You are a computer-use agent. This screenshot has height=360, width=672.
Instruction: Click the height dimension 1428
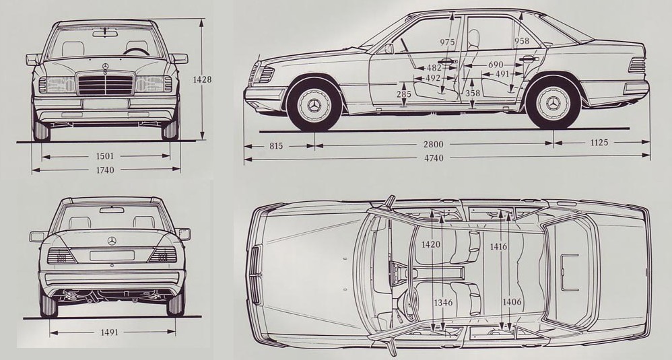[202, 79]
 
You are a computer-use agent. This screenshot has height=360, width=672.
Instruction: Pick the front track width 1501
[106, 156]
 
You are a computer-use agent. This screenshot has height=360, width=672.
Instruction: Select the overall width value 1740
[106, 170]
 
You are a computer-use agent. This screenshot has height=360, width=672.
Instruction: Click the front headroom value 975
[447, 42]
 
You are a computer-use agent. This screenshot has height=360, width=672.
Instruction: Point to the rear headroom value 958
[522, 42]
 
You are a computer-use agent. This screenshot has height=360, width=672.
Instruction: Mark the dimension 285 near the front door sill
[404, 94]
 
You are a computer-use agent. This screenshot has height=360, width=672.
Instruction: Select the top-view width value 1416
[499, 247]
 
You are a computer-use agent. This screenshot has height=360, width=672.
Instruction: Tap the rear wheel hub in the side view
[553, 104]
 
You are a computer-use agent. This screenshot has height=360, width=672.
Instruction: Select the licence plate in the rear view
[112, 256]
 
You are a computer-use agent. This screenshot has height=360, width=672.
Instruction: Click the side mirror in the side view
[389, 48]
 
